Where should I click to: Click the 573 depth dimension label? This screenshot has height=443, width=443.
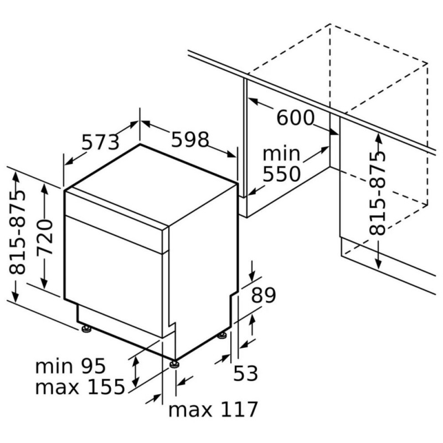click(x=101, y=142)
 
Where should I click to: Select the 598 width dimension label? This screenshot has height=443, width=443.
click(x=190, y=140)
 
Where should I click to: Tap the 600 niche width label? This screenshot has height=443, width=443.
click(x=295, y=117)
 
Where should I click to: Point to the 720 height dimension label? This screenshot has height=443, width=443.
click(x=45, y=237)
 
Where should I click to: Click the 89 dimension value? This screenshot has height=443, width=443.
click(x=264, y=295)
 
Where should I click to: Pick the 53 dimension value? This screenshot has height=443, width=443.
click(x=245, y=373)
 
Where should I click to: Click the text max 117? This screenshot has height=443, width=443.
click(x=213, y=409)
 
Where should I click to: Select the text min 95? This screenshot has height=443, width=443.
click(x=70, y=366)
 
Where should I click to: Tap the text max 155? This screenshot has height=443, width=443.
click(x=80, y=386)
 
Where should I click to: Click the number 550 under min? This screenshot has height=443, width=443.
click(x=282, y=174)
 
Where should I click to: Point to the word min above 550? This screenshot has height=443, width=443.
click(x=281, y=153)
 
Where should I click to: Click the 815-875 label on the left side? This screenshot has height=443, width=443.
click(x=17, y=233)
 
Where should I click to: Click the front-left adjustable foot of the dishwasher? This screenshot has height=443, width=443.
click(x=86, y=328)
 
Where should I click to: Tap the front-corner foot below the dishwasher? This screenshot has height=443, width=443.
click(x=173, y=364)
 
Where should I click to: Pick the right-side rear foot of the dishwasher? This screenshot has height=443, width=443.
click(x=222, y=336)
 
